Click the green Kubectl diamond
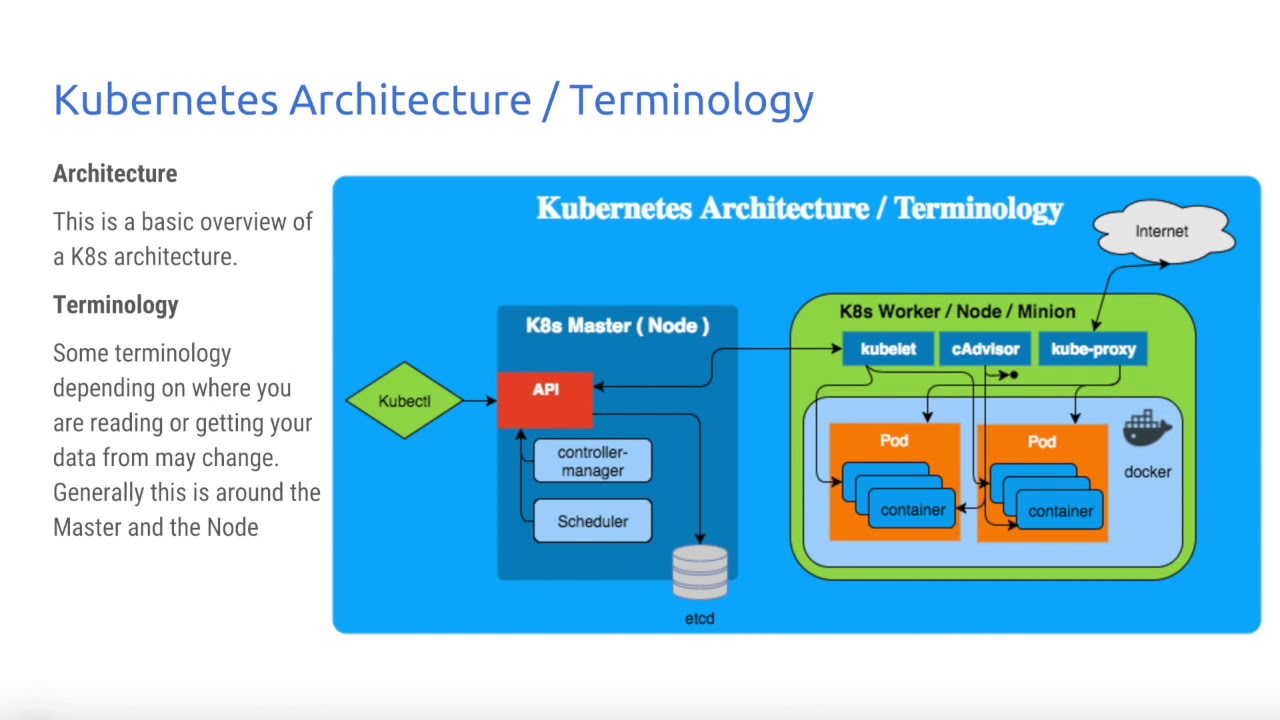[404, 401]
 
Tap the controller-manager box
[592, 462]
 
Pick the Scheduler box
[592, 521]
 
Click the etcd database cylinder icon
[700, 572]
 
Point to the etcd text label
[700, 619]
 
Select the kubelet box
[887, 349]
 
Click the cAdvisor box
[985, 349]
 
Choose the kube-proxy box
[1093, 349]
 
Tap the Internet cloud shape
[1162, 232]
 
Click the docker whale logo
[1147, 430]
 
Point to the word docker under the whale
[1147, 472]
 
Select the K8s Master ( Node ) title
[617, 326]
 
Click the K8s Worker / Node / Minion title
[957, 312]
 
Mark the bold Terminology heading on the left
[116, 305]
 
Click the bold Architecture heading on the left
[115, 174]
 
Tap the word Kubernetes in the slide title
[165, 100]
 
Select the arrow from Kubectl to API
[480, 401]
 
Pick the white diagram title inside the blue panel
[799, 209]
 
